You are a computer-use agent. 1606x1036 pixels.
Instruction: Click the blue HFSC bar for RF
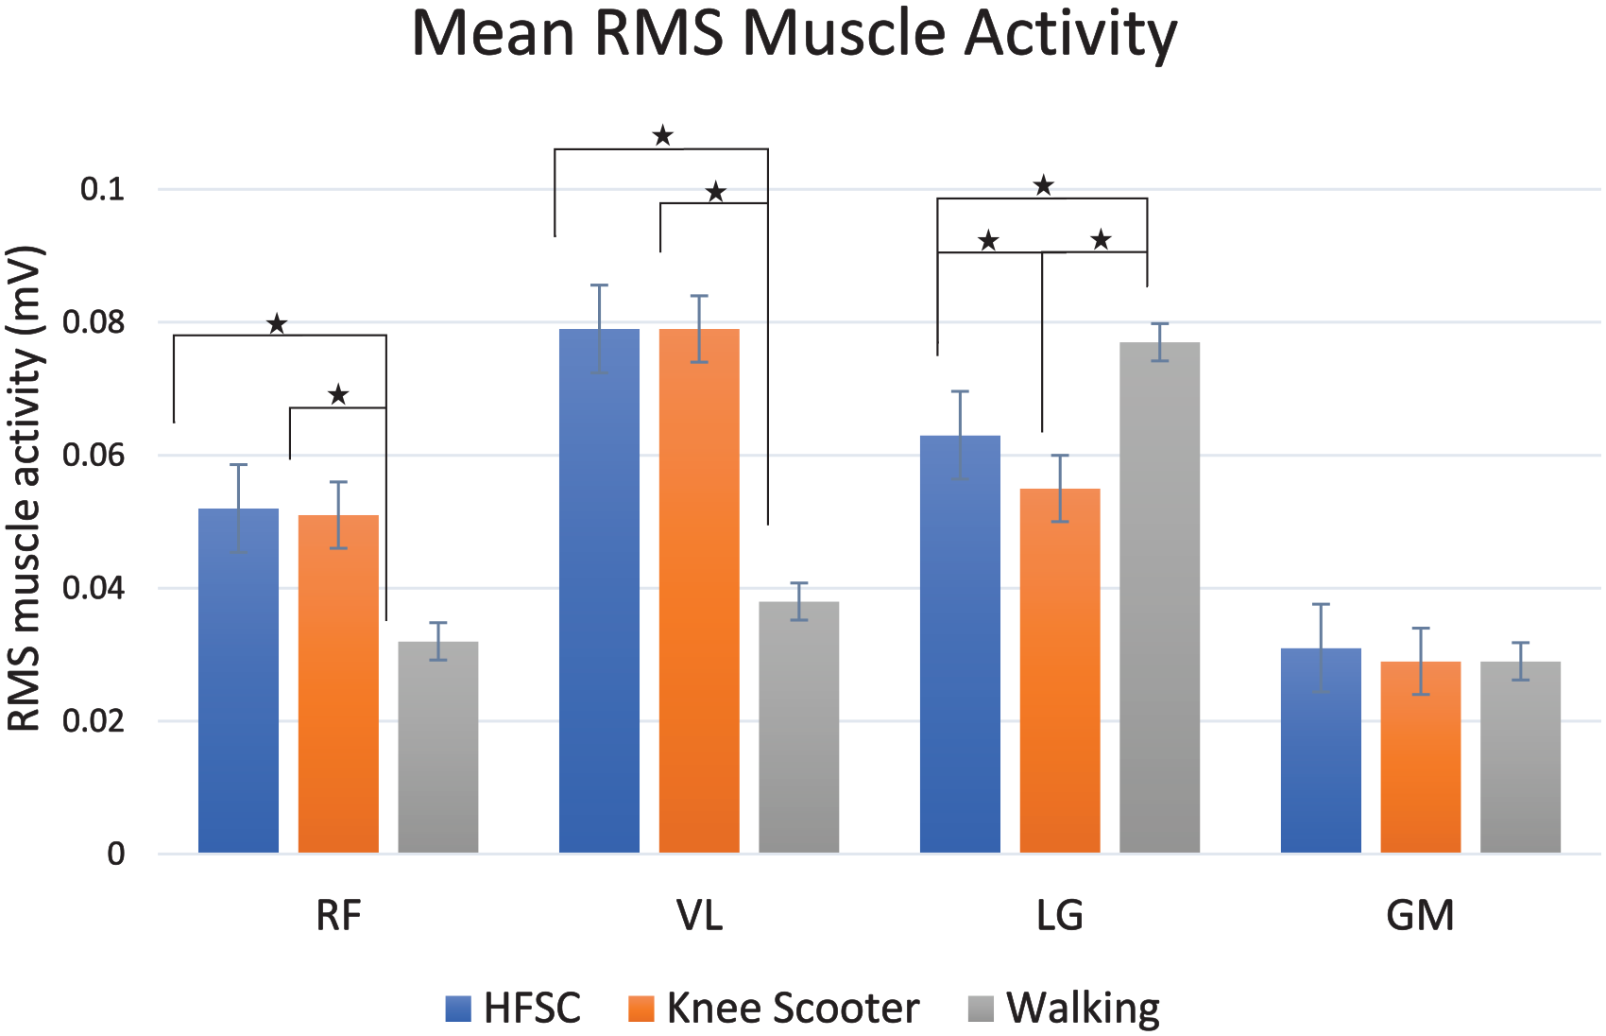click(238, 681)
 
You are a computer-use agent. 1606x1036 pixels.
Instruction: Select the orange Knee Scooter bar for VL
click(699, 591)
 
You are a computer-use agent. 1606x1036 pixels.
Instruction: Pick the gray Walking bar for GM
click(1520, 757)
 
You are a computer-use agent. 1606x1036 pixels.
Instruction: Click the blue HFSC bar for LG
click(960, 644)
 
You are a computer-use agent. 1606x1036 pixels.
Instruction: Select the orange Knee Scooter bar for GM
click(1420, 757)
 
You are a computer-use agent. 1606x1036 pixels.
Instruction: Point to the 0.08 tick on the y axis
click(94, 323)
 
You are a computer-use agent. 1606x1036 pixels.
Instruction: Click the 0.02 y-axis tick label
click(94, 721)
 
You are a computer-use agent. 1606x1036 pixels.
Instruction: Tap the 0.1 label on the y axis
click(103, 190)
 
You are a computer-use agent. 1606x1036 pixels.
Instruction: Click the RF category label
click(338, 915)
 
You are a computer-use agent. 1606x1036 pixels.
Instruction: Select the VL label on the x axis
click(700, 915)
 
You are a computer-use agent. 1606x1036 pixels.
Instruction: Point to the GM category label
click(1420, 915)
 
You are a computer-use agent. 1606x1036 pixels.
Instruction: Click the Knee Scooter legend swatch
click(641, 1008)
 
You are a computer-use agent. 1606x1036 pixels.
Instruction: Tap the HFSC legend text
click(532, 1008)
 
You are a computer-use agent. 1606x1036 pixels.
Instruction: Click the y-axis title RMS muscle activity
click(25, 490)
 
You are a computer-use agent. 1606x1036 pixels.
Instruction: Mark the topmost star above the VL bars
click(662, 134)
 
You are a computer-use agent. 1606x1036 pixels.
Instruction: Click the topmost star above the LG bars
click(1043, 185)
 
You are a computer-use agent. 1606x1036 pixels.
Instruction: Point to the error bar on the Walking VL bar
click(799, 601)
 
